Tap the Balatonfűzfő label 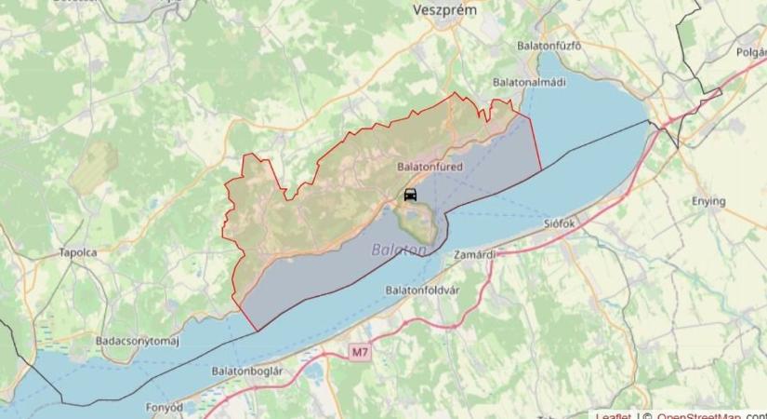[549, 46]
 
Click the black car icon [410, 195]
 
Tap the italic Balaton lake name [400, 250]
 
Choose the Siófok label [561, 224]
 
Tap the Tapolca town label [78, 252]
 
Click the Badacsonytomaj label [137, 341]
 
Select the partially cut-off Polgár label [751, 52]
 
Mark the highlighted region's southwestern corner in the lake [255, 330]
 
